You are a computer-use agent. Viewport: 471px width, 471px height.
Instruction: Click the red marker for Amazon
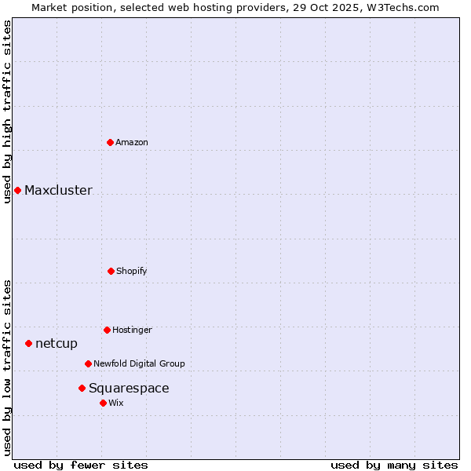[x=111, y=142]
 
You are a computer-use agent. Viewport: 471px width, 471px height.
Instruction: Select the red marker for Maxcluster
[x=17, y=190]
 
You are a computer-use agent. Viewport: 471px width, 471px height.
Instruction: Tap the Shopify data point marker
[x=111, y=271]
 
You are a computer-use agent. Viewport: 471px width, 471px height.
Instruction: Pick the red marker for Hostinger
[x=107, y=330]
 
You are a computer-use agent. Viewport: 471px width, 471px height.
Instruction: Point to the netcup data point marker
[x=28, y=343]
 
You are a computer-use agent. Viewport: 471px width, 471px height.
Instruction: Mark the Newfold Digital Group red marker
[x=88, y=363]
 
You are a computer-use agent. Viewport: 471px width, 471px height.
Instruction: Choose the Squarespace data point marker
[x=82, y=388]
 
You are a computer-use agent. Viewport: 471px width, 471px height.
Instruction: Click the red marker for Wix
[x=103, y=403]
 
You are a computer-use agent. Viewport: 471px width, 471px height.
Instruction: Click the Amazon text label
[x=132, y=142]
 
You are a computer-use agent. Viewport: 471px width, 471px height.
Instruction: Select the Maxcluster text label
[x=58, y=190]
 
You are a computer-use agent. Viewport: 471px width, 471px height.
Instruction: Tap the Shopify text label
[x=132, y=271]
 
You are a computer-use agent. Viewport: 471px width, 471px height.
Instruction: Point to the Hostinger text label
[x=132, y=330]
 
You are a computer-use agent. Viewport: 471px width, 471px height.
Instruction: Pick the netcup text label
[x=57, y=343]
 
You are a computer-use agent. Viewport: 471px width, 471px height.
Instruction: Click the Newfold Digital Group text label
[x=139, y=363]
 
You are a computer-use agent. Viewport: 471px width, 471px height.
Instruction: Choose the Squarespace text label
[x=129, y=388]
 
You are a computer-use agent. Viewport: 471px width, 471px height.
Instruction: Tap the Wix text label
[x=116, y=403]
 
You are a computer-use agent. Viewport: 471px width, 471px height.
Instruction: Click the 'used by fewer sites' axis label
[x=81, y=465]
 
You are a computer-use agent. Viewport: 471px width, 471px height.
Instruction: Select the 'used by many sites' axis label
[x=394, y=465]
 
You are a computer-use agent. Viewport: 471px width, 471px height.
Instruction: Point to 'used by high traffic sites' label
[x=7, y=111]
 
